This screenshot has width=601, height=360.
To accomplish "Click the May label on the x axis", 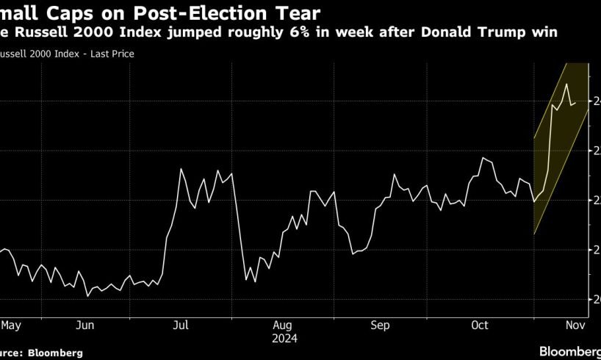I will click(x=10, y=324).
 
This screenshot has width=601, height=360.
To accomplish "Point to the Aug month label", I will click(x=283, y=324).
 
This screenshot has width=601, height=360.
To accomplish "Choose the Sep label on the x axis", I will click(x=380, y=324).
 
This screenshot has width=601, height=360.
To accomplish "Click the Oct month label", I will click(x=480, y=324).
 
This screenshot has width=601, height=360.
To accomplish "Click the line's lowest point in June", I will click(x=88, y=296).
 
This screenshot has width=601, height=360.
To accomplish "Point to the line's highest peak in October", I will click(x=483, y=158).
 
